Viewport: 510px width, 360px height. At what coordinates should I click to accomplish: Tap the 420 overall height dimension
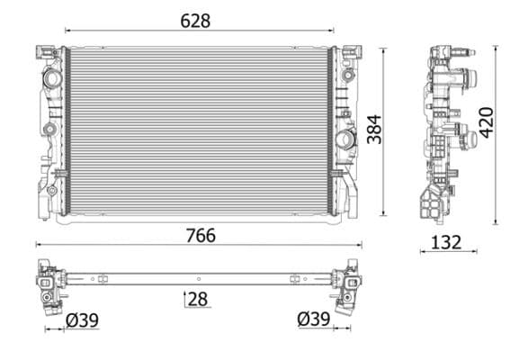point(486,120)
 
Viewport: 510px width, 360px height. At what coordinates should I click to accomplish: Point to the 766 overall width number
point(200,236)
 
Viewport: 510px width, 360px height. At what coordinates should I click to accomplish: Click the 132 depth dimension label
point(445,241)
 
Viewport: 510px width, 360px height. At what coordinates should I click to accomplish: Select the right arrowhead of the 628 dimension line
point(330,31)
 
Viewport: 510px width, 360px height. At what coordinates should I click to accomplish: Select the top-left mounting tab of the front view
point(41,53)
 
